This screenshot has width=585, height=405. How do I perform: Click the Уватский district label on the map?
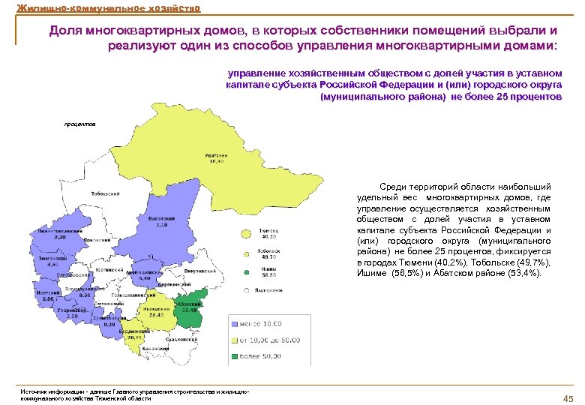(217, 155)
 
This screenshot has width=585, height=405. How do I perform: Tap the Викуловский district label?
(203, 270)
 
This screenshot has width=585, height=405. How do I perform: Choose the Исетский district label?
(46, 293)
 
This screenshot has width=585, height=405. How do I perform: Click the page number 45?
(567, 397)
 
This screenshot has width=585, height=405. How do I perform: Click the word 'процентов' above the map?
(79, 124)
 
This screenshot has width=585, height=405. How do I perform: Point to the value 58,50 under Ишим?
(269, 276)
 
